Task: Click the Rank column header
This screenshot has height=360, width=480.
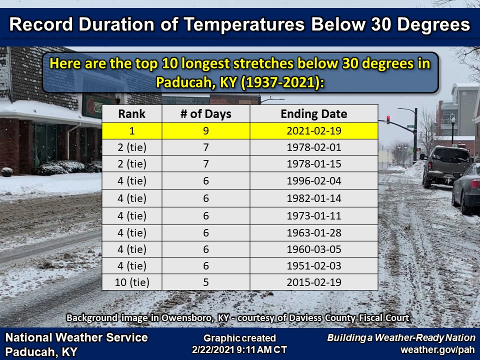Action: [131, 114]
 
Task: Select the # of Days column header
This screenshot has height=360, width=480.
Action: [205, 114]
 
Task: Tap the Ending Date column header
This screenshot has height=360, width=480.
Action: [314, 114]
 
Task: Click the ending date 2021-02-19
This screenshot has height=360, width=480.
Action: [314, 131]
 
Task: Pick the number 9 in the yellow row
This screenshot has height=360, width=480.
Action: [205, 131]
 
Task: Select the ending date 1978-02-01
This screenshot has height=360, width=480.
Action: [314, 147]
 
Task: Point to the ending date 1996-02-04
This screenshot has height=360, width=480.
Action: [314, 181]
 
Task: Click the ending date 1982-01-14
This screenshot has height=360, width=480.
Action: [314, 198]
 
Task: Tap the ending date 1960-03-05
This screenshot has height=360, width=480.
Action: [314, 249]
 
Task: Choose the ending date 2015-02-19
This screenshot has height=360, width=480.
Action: [314, 282]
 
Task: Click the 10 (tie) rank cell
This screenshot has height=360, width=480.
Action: [132, 282]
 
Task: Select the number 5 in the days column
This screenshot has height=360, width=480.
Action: [205, 282]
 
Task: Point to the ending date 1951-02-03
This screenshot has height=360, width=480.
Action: [314, 265]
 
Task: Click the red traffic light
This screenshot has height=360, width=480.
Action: [388, 119]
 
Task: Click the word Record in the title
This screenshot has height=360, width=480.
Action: [41, 24]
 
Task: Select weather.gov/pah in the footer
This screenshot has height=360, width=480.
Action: [438, 349]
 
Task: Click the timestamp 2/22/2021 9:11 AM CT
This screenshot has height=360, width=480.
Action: [239, 349]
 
